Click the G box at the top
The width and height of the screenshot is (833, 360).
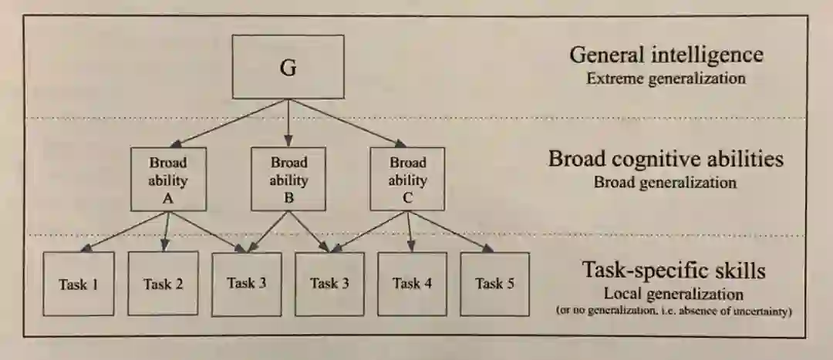click(288, 66)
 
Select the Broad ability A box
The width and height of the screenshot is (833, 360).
click(168, 179)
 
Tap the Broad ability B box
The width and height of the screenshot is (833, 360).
click(288, 179)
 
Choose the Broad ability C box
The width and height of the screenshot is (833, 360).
click(407, 179)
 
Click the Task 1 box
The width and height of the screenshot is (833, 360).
click(78, 284)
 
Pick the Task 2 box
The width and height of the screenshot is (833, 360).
click(163, 284)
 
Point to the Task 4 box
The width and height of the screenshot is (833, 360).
click(412, 284)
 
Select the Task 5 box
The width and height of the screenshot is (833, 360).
click(494, 284)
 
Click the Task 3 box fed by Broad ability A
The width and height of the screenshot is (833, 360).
click(247, 284)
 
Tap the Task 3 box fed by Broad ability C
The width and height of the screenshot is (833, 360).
click(329, 284)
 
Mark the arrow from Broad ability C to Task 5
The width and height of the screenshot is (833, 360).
click(451, 230)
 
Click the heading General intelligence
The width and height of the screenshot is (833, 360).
click(666, 56)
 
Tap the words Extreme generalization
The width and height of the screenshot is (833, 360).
click(666, 79)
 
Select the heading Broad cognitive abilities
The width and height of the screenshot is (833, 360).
click(666, 160)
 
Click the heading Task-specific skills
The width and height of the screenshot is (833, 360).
click(673, 271)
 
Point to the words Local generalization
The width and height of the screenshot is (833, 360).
click(673, 294)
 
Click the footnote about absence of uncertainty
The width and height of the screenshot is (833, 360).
click(673, 311)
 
